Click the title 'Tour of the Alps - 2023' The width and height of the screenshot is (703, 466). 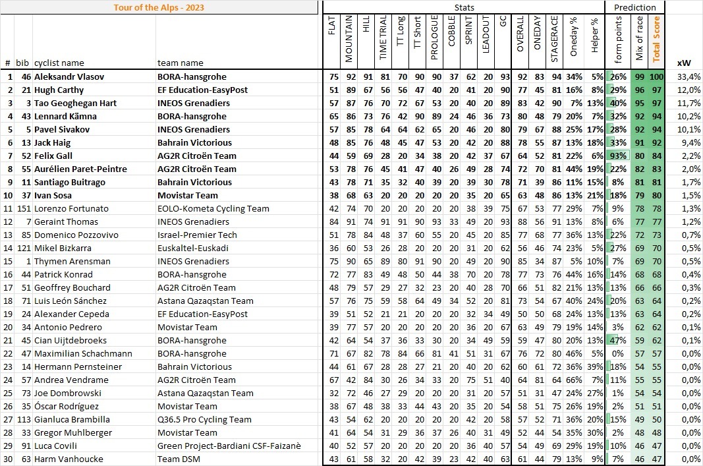(x=159, y=7)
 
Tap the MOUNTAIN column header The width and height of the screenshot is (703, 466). (x=349, y=39)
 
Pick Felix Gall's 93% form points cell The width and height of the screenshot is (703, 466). (x=618, y=156)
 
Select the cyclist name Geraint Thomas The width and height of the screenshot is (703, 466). (x=62, y=221)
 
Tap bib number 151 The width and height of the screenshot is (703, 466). (x=24, y=208)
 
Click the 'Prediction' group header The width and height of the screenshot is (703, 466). (x=634, y=7)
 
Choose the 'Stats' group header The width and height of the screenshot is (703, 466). (x=464, y=7)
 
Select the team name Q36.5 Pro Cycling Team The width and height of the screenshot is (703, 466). (x=204, y=419)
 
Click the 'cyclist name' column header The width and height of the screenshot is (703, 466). (x=59, y=63)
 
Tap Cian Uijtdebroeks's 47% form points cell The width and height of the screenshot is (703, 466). (x=618, y=340)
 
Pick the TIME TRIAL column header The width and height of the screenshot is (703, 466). (x=383, y=39)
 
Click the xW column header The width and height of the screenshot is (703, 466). (x=684, y=63)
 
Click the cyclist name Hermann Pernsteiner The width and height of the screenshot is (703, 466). (x=69, y=366)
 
